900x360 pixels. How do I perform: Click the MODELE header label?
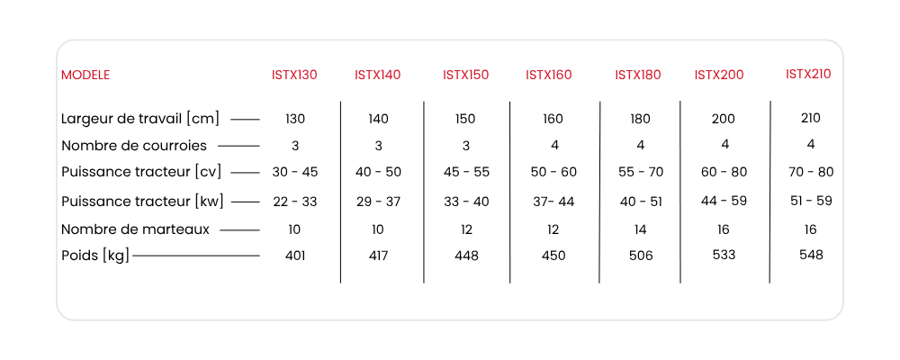point(85,76)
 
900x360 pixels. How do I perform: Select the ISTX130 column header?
point(294,76)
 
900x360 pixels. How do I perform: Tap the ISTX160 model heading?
point(549,76)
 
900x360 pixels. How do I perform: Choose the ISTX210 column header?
point(808,74)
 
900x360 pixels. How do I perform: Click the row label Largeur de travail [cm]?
point(140,119)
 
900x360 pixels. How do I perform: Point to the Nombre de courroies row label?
point(134,146)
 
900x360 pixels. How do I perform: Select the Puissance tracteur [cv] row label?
point(141,172)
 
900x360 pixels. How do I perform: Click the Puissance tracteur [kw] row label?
point(142,202)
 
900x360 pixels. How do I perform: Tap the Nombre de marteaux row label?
point(136,229)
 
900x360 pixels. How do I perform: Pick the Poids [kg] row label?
point(95,256)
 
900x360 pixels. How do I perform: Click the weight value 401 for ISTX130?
point(295,256)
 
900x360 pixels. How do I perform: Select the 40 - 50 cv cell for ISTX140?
point(378,172)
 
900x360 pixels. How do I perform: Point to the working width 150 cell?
point(465,119)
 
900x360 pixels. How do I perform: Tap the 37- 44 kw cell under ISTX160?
point(553,202)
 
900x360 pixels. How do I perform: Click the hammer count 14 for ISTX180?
point(640,229)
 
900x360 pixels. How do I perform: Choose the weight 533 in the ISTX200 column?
point(724,255)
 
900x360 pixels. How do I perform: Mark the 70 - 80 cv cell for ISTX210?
point(811,172)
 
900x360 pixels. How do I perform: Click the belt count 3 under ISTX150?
point(465,146)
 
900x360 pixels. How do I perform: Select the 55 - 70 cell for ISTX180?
point(641,172)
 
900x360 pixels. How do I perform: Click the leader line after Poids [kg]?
point(196,256)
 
